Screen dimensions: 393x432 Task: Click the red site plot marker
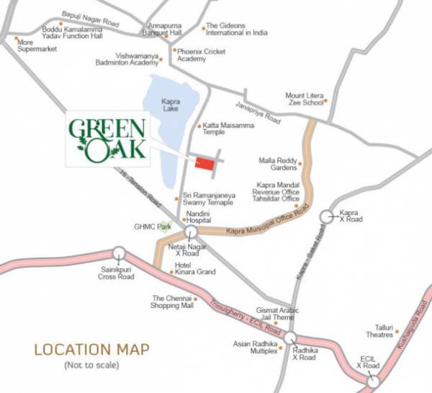coord(204,164)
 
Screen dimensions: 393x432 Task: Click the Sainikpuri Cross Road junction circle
coord(119,253)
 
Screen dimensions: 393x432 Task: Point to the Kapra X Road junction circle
coord(327,215)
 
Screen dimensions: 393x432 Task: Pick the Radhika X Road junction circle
coord(290,338)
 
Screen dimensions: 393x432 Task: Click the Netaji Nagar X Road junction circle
coord(191,232)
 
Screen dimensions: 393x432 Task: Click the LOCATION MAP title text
coord(92,350)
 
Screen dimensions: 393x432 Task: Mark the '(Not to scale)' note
coord(91,366)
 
